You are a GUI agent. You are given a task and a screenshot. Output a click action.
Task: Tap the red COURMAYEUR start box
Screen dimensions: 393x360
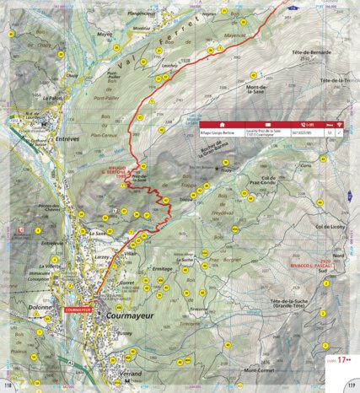coord(80,310)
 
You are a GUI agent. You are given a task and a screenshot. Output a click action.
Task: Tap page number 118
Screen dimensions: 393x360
coord(8,386)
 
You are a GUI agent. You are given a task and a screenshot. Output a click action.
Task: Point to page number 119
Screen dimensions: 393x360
coord(351,386)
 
